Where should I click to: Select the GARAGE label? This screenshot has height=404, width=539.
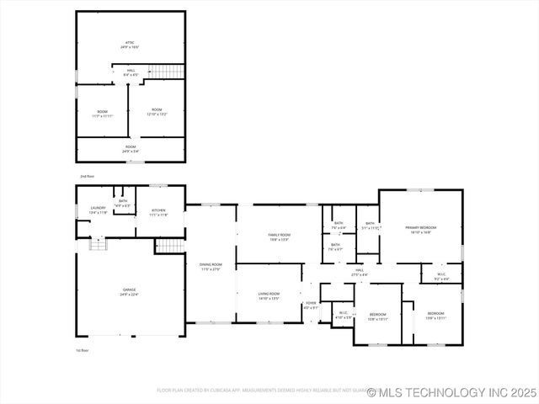129,291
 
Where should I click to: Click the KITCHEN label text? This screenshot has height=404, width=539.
158,212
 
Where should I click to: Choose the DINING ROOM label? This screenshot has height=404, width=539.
211,266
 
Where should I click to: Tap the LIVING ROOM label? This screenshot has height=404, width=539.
269,295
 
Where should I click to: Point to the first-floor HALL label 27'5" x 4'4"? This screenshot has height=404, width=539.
360,272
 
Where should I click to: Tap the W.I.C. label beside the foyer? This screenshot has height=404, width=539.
343,314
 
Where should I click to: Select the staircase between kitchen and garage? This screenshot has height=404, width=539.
168,246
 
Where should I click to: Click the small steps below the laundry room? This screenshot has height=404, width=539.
99,244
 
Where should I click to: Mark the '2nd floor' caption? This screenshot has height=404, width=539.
87,176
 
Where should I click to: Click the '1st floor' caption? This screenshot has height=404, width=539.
83,349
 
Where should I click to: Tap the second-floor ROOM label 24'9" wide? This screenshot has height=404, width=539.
131,149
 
